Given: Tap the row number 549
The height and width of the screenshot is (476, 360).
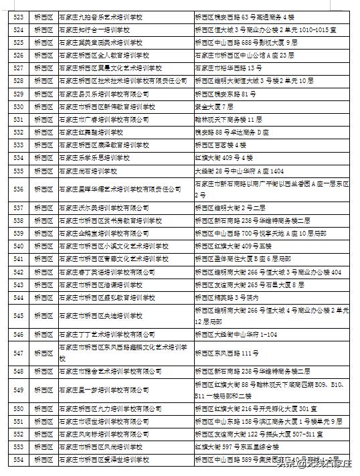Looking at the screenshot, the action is pyautogui.click(x=18, y=390).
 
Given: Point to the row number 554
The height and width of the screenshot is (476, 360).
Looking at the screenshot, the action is pyautogui.click(x=18, y=459).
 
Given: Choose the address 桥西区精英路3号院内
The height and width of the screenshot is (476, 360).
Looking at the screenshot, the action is pyautogui.click(x=222, y=297).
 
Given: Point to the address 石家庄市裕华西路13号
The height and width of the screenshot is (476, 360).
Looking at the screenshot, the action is pyautogui.click(x=223, y=68).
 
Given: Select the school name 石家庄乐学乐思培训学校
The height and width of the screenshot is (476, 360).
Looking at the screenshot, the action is pyautogui.click(x=93, y=158).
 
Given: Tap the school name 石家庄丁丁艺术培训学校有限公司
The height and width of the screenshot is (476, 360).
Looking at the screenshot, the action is pyautogui.click(x=107, y=334).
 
